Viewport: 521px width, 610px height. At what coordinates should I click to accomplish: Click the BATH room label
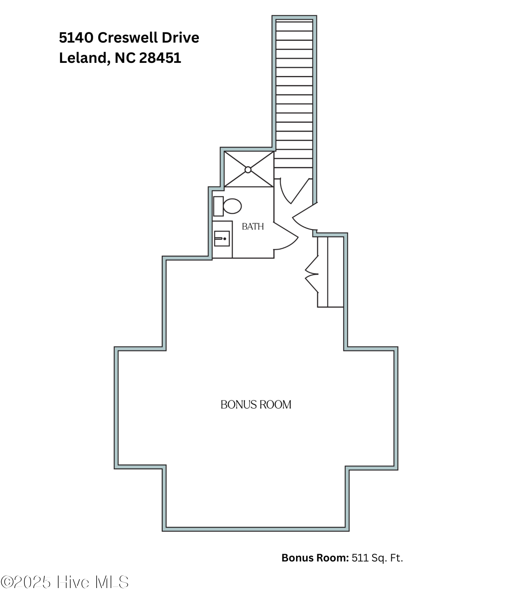click(252, 227)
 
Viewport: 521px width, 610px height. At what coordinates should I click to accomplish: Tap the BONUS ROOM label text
click(256, 405)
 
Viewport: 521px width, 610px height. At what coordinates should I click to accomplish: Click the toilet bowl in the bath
click(233, 206)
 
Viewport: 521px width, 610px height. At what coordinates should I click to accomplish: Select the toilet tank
click(218, 206)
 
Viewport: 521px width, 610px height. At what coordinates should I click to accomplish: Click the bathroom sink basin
click(222, 239)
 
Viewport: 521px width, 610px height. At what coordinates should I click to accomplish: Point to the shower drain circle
click(248, 170)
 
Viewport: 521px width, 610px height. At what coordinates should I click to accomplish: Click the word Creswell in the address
click(128, 38)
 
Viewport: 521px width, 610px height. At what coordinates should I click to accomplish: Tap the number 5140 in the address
click(76, 38)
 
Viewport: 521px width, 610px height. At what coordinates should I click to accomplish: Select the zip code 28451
click(160, 58)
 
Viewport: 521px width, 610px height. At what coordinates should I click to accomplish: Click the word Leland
click(83, 58)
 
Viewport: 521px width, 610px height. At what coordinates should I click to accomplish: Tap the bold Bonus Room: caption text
click(315, 558)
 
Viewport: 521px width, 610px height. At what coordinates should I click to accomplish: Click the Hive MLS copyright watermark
click(65, 582)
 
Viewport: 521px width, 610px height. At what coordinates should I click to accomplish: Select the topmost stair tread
click(294, 26)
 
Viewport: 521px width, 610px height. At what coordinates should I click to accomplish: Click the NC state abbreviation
click(125, 58)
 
